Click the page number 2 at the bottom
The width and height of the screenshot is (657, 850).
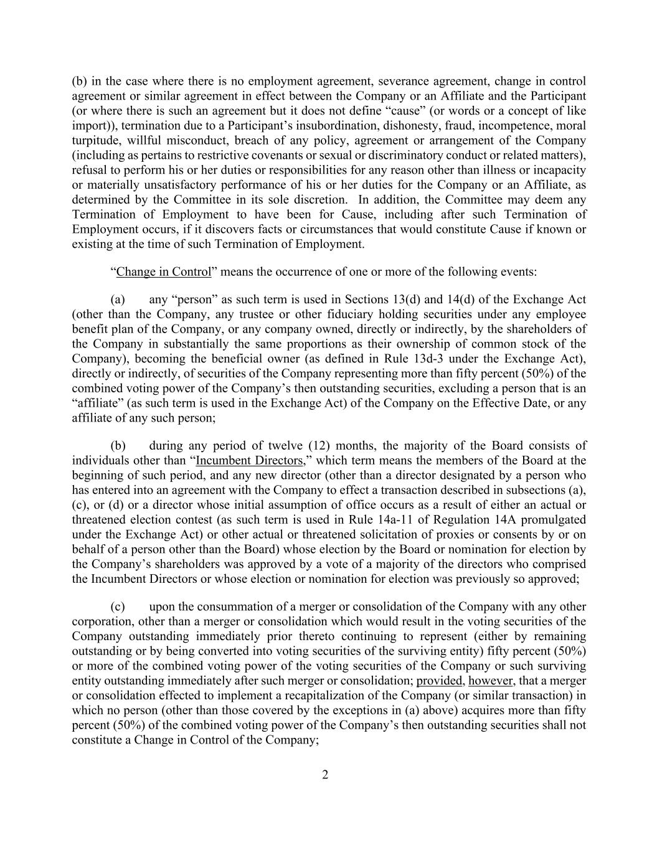(x=324, y=775)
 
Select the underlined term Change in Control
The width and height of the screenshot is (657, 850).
(x=164, y=272)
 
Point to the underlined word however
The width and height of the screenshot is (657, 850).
(x=491, y=681)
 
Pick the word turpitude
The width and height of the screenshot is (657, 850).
(x=97, y=141)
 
